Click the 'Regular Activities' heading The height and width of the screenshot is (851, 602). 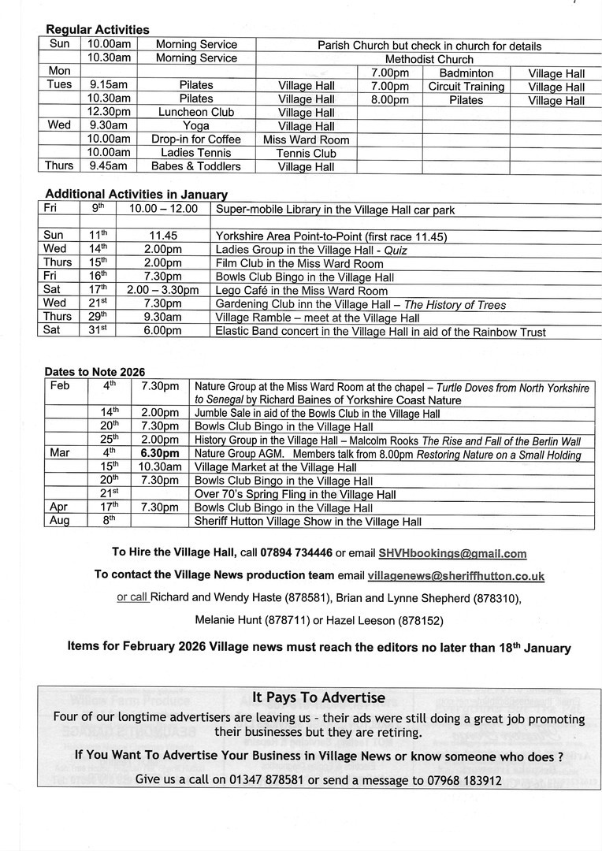(x=97, y=30)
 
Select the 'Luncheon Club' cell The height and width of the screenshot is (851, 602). (x=195, y=113)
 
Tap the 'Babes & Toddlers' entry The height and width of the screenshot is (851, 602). (x=195, y=166)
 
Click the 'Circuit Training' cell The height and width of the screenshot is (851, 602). (x=466, y=87)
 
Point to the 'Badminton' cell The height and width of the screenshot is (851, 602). (x=466, y=73)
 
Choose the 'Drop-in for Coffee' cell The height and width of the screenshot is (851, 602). (x=195, y=139)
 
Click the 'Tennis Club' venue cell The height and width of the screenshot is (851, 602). (x=307, y=153)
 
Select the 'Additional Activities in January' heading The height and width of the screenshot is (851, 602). (x=136, y=194)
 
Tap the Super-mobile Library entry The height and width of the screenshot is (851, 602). (x=335, y=210)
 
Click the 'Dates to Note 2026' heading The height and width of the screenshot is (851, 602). (x=95, y=372)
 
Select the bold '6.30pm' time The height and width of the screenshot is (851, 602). (x=160, y=454)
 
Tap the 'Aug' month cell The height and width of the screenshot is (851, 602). (x=59, y=521)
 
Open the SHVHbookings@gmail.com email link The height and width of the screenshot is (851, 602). (x=452, y=554)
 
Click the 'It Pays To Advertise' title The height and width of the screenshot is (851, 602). (x=318, y=697)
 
